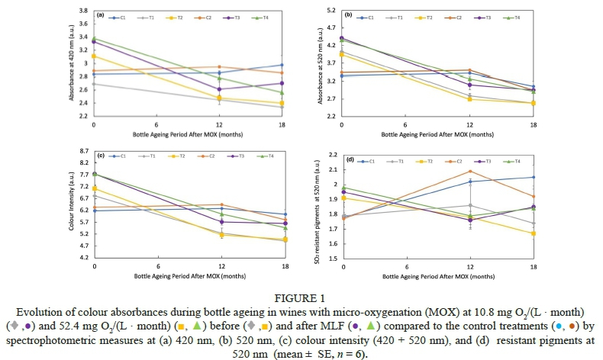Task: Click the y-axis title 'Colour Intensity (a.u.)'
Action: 72,206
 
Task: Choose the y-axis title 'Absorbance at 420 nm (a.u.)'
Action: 72,65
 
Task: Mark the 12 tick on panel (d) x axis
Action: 469,268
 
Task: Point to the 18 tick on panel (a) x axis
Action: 282,124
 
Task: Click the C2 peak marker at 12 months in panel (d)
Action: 469,171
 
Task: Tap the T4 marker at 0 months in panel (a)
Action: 94,38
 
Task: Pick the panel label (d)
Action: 350,160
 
